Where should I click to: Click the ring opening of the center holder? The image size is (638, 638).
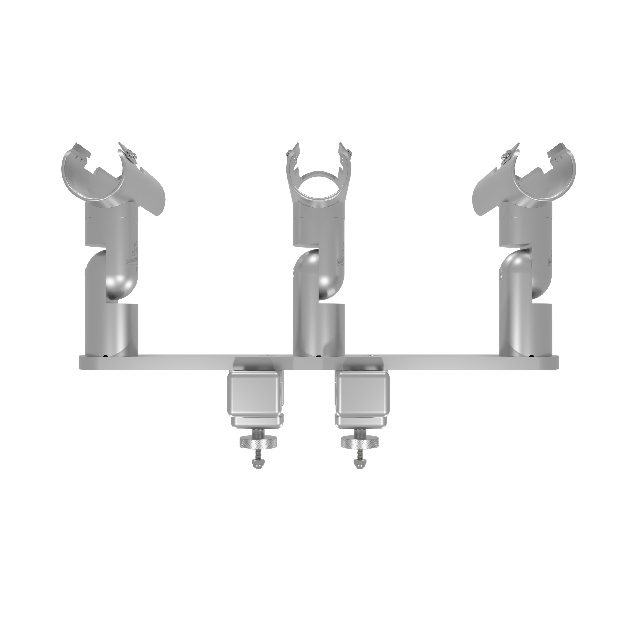[x=319, y=187]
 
